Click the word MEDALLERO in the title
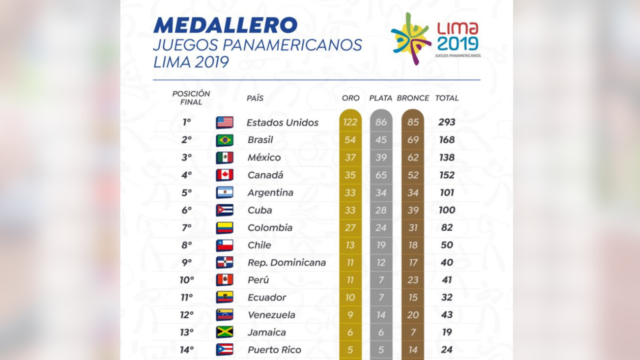point(225,25)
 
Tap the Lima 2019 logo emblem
point(411,39)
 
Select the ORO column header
point(350,98)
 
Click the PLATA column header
point(380,98)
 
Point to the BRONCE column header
point(413,98)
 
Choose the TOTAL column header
point(447,98)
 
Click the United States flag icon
point(224,122)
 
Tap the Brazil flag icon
point(224,140)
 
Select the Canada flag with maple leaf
point(224,175)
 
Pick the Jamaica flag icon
point(224,332)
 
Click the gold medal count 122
point(350,122)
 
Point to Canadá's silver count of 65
point(381,175)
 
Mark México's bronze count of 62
point(413,157)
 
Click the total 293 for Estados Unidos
point(447,122)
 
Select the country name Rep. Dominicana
point(286,262)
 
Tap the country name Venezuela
point(271,315)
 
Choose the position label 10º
point(186,280)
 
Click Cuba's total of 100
point(447,210)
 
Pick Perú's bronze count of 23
point(413,280)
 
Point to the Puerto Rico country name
point(274,349)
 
